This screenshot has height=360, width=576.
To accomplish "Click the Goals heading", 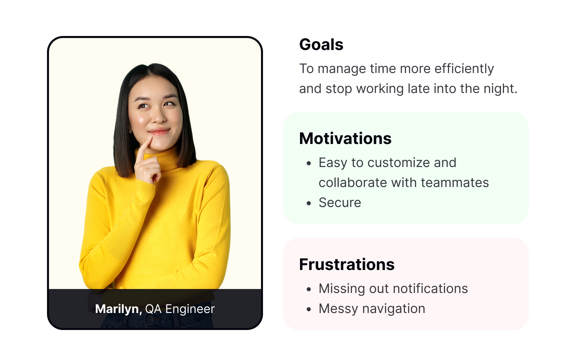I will click(x=321, y=45).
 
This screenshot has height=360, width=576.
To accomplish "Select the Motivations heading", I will click(x=345, y=139).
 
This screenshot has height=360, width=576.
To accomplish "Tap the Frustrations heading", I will click(x=347, y=265).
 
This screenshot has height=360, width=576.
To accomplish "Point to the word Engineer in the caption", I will click(x=190, y=309).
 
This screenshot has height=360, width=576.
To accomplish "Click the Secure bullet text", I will click(x=340, y=203).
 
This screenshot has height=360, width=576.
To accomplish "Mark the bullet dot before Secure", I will click(x=309, y=203).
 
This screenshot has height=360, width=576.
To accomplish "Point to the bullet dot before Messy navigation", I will click(x=309, y=309).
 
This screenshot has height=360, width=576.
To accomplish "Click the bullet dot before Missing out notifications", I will click(x=309, y=289).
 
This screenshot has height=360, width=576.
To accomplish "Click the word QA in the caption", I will click(x=153, y=309).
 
